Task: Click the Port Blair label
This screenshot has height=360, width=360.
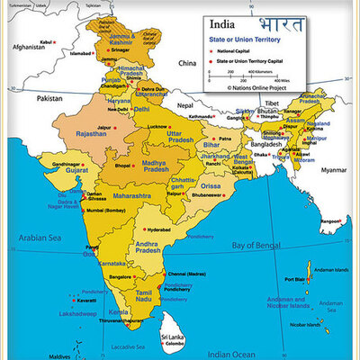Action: point(294,278)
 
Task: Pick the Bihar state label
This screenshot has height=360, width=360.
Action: point(212,143)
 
